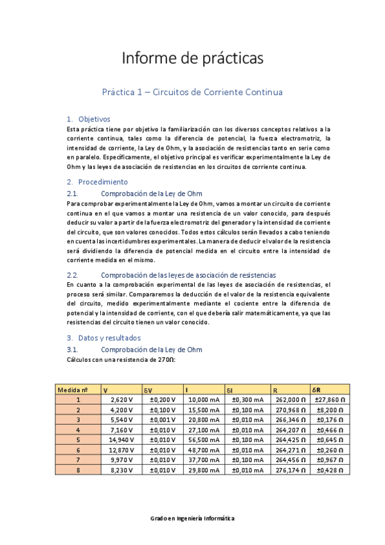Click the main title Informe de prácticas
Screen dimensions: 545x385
point(192,58)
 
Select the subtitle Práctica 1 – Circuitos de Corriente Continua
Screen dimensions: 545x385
point(192,92)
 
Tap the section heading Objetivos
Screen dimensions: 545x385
point(94,119)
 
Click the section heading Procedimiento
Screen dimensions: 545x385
point(103,182)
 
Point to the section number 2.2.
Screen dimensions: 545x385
point(73,274)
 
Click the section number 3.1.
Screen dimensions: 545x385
point(73,349)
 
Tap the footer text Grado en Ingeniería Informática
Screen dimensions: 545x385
point(192,517)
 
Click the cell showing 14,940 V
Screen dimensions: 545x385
point(121,440)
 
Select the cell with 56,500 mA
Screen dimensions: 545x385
point(204,440)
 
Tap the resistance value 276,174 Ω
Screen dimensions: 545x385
point(288,470)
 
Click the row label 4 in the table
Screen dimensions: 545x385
point(78,429)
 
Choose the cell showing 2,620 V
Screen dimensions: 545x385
point(122,399)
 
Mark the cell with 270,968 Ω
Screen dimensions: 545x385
point(288,409)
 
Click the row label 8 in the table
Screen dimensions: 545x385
point(78,470)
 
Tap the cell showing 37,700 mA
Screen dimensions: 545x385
point(204,460)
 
